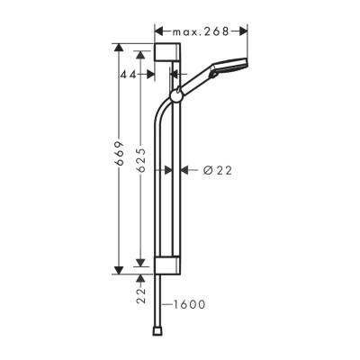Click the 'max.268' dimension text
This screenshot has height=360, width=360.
(x=201, y=30)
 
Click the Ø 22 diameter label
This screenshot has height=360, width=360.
(x=206, y=168)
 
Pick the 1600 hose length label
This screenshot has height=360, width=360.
(x=188, y=304)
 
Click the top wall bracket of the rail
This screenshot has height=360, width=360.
(x=167, y=52)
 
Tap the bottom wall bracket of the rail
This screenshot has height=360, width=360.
(x=168, y=265)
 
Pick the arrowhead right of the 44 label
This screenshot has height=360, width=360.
(x=166, y=76)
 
